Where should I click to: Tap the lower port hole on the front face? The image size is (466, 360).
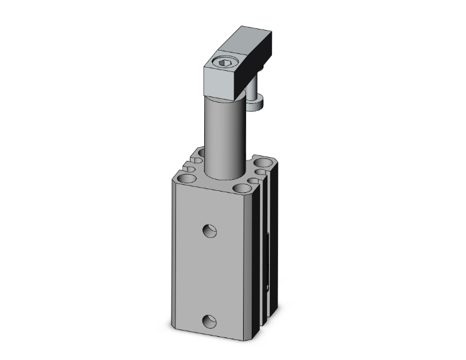pos(210,322)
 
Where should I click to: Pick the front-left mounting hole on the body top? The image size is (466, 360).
pos(186,180)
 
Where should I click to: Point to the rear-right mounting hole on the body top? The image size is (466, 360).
pos(263,165)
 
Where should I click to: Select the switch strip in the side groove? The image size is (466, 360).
pos(270,263)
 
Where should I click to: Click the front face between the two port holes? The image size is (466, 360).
pos(210,275)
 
